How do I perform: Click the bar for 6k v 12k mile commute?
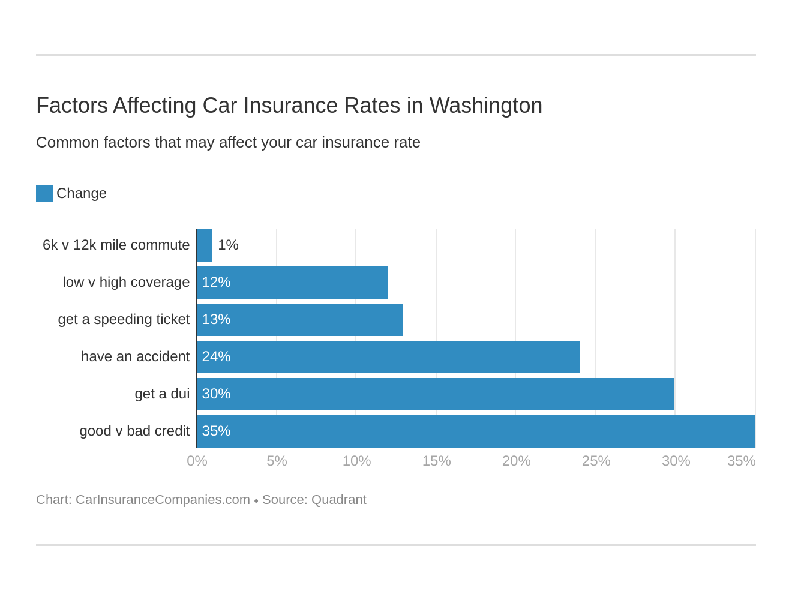pyautogui.click(x=205, y=245)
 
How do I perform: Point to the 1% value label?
pyautogui.click(x=228, y=245)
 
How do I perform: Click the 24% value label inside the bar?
pyautogui.click(x=216, y=357)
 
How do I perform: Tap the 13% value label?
pyautogui.click(x=216, y=320)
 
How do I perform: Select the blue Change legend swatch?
pyautogui.click(x=44, y=193)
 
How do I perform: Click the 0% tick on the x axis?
pyautogui.click(x=197, y=461)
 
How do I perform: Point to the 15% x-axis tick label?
pyautogui.click(x=436, y=461)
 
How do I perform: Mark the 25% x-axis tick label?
pyautogui.click(x=596, y=461)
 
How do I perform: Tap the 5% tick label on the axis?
pyautogui.click(x=277, y=461)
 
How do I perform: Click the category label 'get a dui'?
pyautogui.click(x=162, y=394)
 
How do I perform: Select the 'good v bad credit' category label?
pyautogui.click(x=134, y=431)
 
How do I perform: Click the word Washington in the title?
pyautogui.click(x=485, y=106)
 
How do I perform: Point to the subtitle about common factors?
pyautogui.click(x=228, y=143)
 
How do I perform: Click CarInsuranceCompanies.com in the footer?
pyautogui.click(x=163, y=500)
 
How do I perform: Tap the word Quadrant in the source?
pyautogui.click(x=339, y=500)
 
